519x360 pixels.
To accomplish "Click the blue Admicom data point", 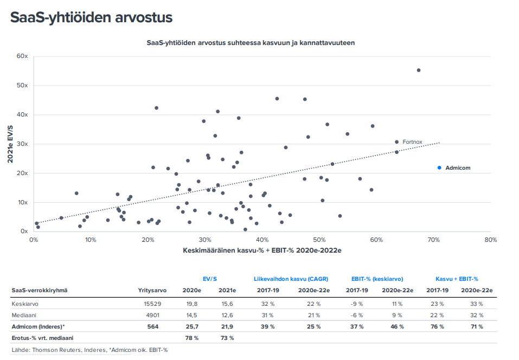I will point(439,168).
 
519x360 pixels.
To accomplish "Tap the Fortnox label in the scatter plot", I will point(412,142).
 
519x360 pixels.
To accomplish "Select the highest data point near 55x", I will point(419,70).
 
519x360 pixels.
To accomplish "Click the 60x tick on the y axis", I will point(22,56).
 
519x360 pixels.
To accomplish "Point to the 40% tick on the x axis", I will point(262,240).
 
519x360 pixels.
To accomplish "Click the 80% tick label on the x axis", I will point(490,240).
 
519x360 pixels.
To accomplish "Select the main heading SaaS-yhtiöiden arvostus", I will point(91,17).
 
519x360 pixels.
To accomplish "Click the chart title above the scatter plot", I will point(251,42).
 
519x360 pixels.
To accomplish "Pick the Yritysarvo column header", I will point(150,290).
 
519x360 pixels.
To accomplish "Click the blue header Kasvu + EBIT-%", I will point(457,279).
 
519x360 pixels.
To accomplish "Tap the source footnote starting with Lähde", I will point(89,350).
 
